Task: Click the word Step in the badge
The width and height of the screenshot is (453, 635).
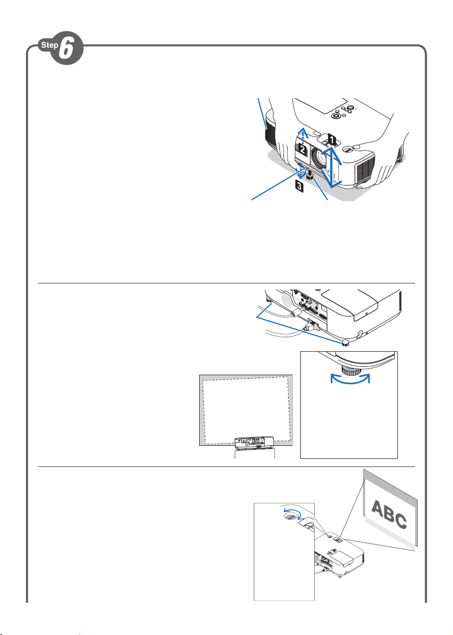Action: click(49, 45)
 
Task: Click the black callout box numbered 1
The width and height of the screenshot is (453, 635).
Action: click(330, 140)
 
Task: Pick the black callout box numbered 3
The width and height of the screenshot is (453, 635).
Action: click(300, 187)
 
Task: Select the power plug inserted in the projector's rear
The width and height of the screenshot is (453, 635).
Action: click(311, 326)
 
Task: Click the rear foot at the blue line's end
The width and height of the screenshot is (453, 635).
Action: click(345, 343)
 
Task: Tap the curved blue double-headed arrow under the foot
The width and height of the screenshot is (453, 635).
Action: click(351, 379)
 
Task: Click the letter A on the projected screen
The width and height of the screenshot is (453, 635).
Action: click(380, 508)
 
